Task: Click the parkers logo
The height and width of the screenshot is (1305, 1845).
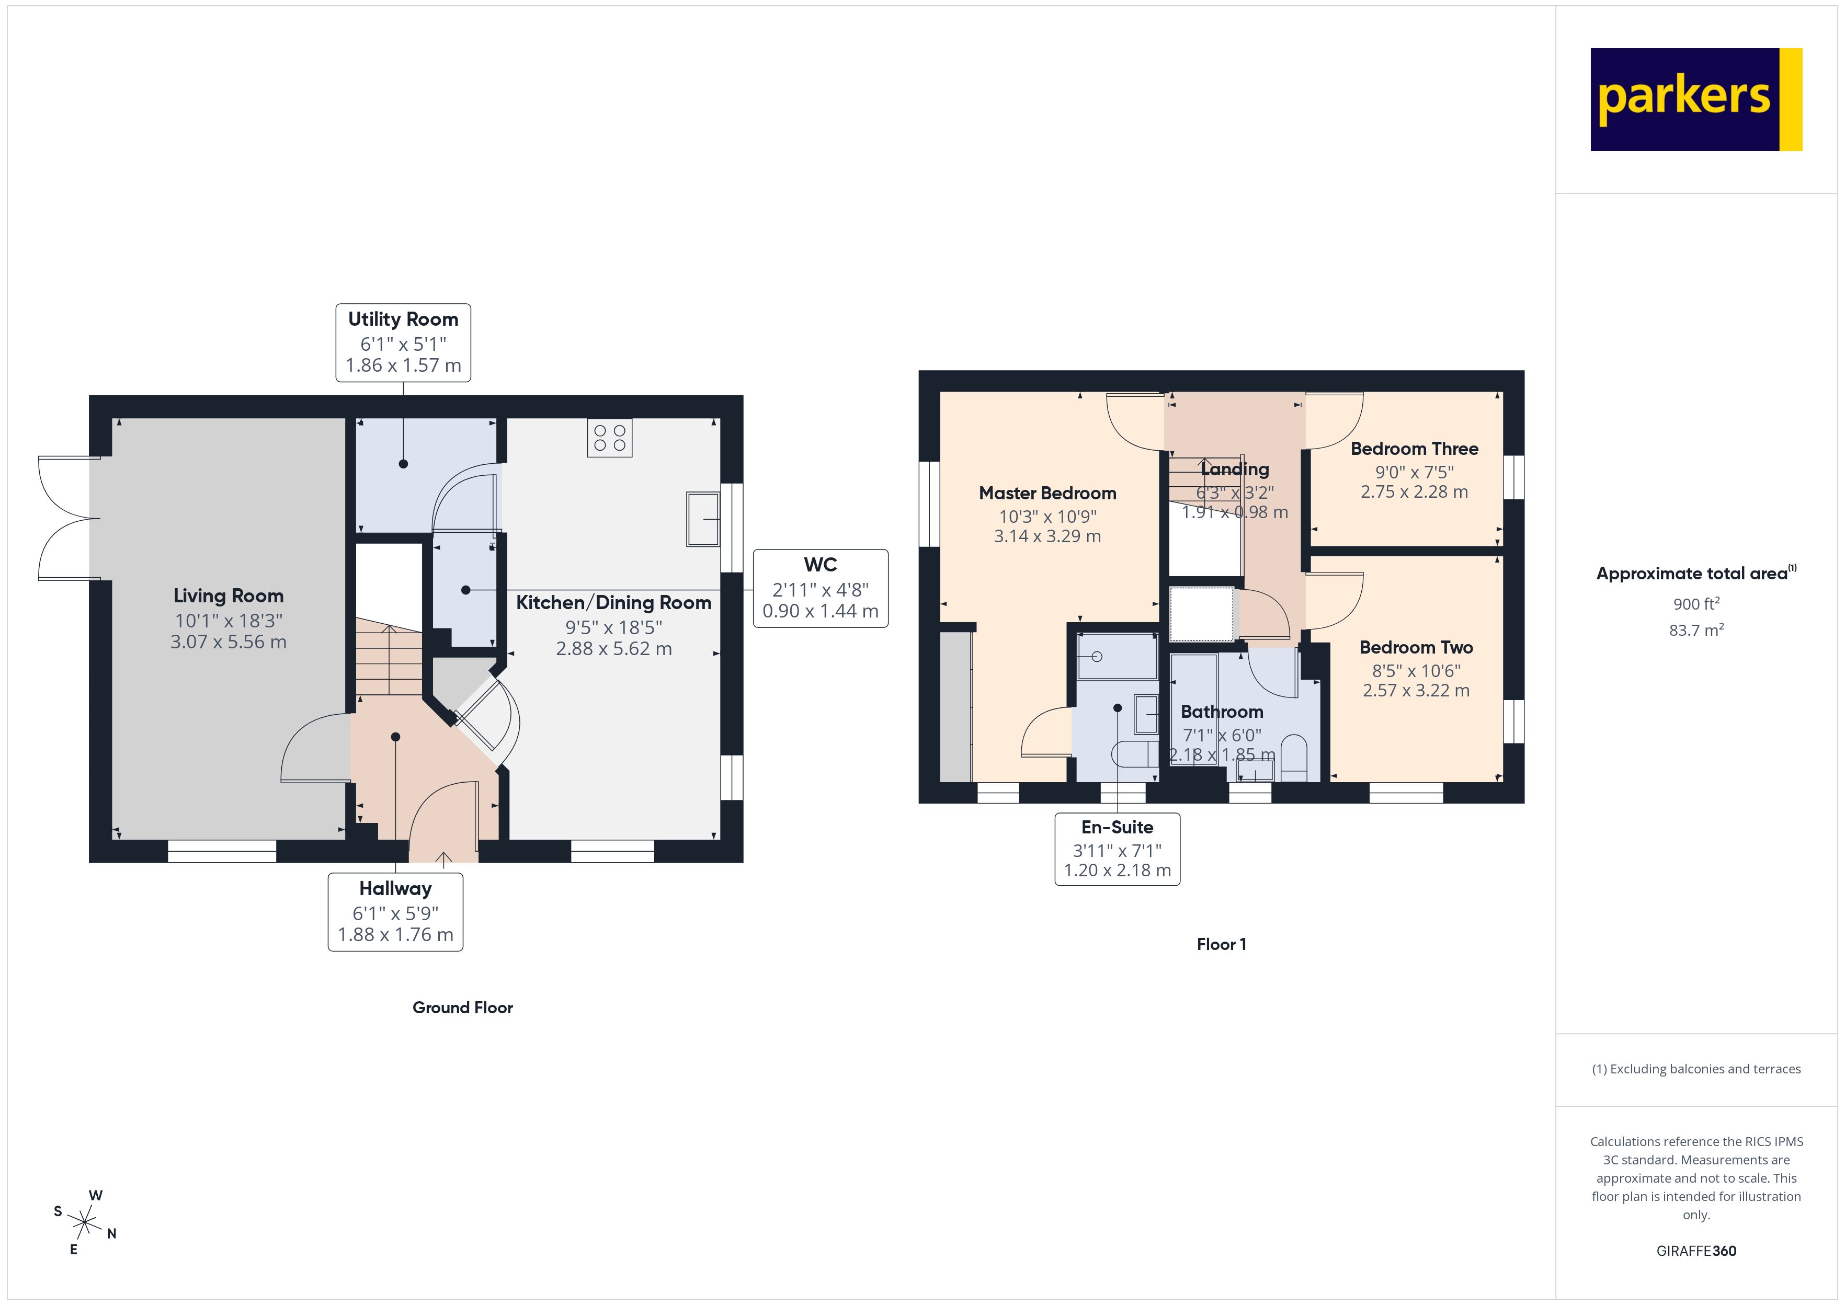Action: [1695, 100]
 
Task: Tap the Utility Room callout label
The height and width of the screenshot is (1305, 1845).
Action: [403, 342]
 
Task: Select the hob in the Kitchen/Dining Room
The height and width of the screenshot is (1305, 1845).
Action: [609, 438]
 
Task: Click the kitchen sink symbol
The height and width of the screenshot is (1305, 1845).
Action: [702, 519]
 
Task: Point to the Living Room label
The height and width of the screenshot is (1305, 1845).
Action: [228, 596]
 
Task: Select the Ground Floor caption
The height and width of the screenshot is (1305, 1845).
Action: [462, 1008]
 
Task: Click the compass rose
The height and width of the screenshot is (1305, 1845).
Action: [84, 1223]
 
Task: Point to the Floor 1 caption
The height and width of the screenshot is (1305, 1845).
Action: [1221, 944]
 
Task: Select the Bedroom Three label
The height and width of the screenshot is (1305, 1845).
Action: [1414, 449]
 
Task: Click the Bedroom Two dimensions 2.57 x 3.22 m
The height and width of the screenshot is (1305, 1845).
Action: [1415, 690]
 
